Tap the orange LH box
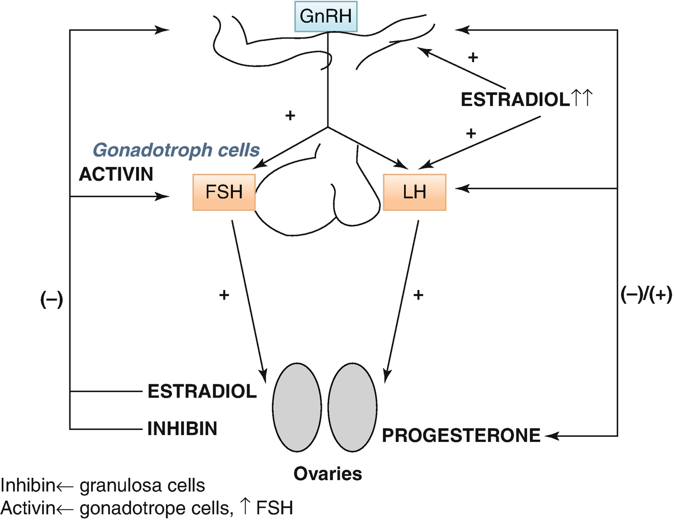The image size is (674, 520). point(414,193)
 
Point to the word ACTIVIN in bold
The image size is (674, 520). point(116,174)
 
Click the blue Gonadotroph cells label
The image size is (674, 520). point(176,150)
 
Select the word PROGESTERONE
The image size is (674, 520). point(461,436)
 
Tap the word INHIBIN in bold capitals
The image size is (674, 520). point(182,428)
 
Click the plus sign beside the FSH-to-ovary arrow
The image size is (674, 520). point(224,295)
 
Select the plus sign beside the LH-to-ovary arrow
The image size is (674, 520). point(418,295)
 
